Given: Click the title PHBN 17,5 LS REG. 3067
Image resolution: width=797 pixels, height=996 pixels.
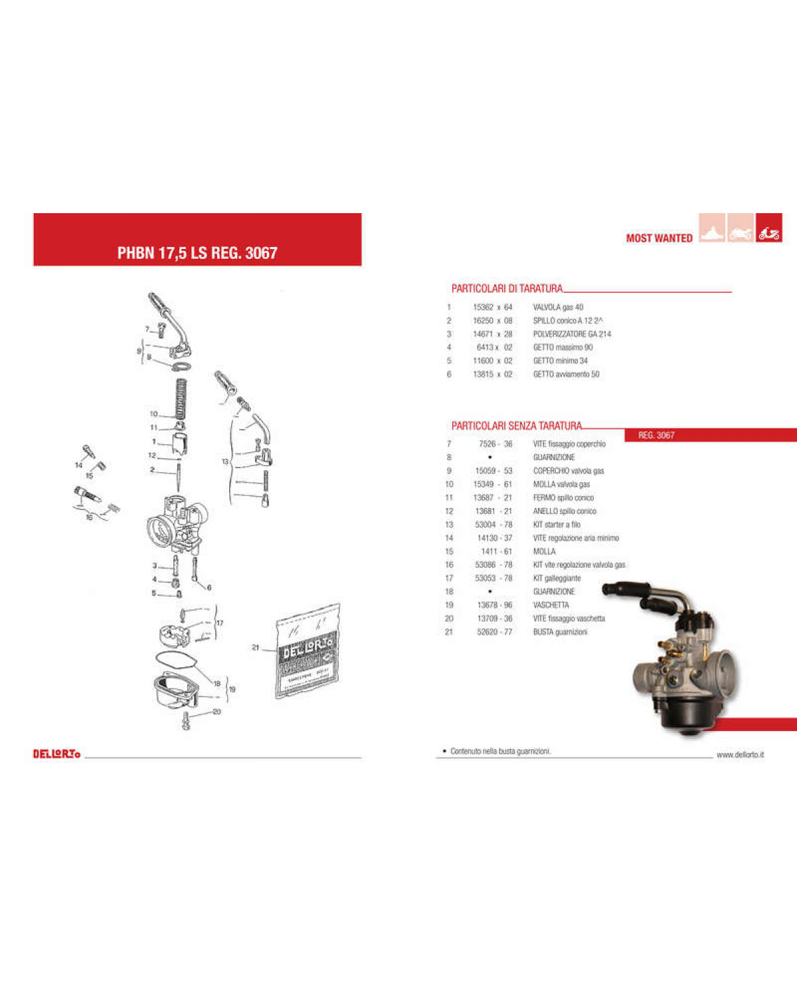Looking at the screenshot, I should [x=197, y=253].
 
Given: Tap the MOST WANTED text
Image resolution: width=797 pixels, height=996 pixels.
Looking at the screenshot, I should [x=659, y=238].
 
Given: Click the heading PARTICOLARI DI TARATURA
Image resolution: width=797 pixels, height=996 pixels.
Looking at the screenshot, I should [x=507, y=288].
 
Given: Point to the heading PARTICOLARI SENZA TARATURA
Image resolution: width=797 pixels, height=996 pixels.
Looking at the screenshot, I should [x=516, y=426].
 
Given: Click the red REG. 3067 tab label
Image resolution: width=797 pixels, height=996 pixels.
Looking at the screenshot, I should [x=656, y=436].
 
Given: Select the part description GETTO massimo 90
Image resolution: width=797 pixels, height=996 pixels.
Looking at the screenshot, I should [x=563, y=347].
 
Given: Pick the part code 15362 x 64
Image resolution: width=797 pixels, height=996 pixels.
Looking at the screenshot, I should [x=492, y=307].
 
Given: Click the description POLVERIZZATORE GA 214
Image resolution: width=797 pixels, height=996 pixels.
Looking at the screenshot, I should [x=572, y=334].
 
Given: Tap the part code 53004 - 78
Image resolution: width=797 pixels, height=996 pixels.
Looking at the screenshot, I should [x=493, y=525].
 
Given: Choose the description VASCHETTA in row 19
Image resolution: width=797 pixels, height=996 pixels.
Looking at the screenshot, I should [x=551, y=605].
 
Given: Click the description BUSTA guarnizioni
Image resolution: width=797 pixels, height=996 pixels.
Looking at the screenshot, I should [x=560, y=632].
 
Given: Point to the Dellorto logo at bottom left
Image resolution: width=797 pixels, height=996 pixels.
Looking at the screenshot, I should [x=56, y=754].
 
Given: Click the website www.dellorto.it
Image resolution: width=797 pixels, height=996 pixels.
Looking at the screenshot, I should [x=740, y=755].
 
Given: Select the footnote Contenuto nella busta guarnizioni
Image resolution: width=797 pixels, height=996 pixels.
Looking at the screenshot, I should [x=500, y=752].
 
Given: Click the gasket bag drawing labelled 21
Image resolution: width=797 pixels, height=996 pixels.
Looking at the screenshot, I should [x=308, y=651].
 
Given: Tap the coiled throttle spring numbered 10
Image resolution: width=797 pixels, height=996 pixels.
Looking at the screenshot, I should [x=180, y=398].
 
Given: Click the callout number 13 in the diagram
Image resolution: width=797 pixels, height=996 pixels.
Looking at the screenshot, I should [x=225, y=461].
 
